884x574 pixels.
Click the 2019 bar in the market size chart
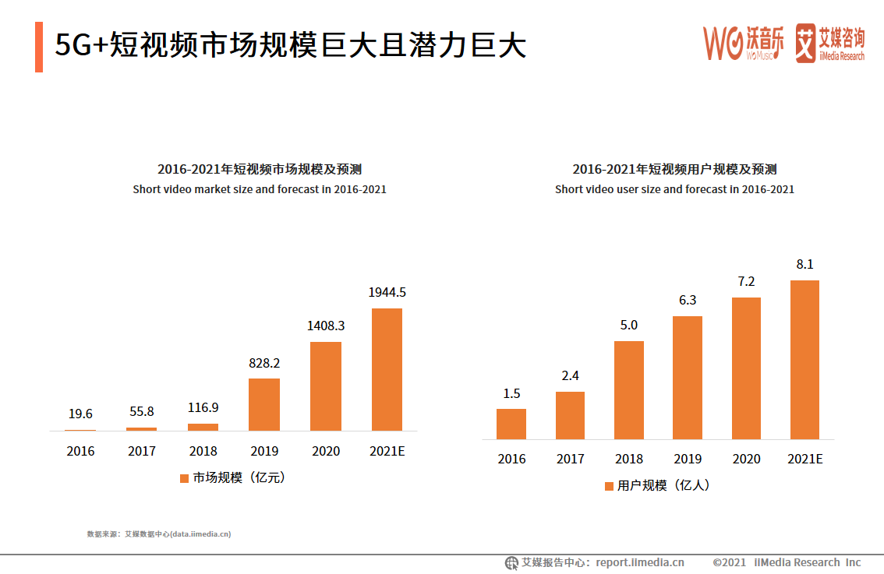point(263,404)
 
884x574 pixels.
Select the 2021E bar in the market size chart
point(387,369)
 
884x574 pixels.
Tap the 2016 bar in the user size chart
point(511,424)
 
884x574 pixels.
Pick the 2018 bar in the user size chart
point(629,389)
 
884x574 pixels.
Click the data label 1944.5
point(387,293)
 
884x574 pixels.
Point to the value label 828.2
point(264,364)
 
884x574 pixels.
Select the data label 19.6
point(80,414)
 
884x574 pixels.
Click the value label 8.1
point(804,265)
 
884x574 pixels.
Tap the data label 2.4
point(570,376)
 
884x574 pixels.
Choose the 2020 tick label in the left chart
point(326,452)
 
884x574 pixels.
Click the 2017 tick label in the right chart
point(570,460)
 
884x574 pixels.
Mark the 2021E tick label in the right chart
point(804,460)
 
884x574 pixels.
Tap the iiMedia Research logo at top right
point(829,43)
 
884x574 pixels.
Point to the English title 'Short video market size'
point(259,189)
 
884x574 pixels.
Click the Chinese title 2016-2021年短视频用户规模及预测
point(674,169)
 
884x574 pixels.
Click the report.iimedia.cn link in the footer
point(639,562)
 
